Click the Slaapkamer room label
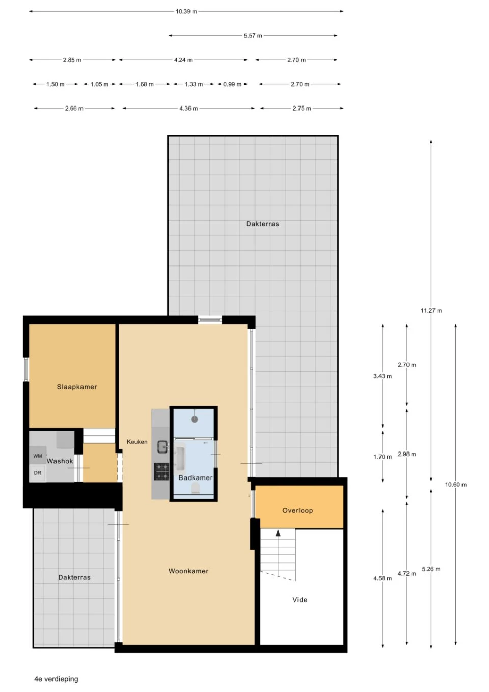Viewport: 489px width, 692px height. [77, 387]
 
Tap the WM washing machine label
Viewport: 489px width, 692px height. [38, 456]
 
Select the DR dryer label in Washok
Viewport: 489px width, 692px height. [38, 473]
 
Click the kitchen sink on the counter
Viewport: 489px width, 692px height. [162, 447]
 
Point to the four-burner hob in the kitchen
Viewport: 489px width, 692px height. [162, 471]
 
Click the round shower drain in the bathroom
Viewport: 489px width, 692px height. [194, 419]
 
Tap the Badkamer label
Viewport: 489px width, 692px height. [196, 477]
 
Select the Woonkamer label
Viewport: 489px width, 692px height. [188, 571]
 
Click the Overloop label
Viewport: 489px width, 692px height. [297, 510]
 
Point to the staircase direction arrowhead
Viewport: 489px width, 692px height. [278, 533]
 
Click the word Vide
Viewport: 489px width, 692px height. [300, 600]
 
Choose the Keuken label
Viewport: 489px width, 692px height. [137, 442]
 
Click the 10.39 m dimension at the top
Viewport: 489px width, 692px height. [186, 11]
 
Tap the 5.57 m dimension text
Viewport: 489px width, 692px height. [253, 36]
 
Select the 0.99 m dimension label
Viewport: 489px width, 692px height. [232, 84]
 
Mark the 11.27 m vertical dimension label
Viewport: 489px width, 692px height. [431, 311]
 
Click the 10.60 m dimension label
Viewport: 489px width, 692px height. [455, 485]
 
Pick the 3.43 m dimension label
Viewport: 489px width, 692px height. [382, 376]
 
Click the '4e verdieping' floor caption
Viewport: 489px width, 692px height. [56, 679]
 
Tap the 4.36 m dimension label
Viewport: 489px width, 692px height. [188, 108]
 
